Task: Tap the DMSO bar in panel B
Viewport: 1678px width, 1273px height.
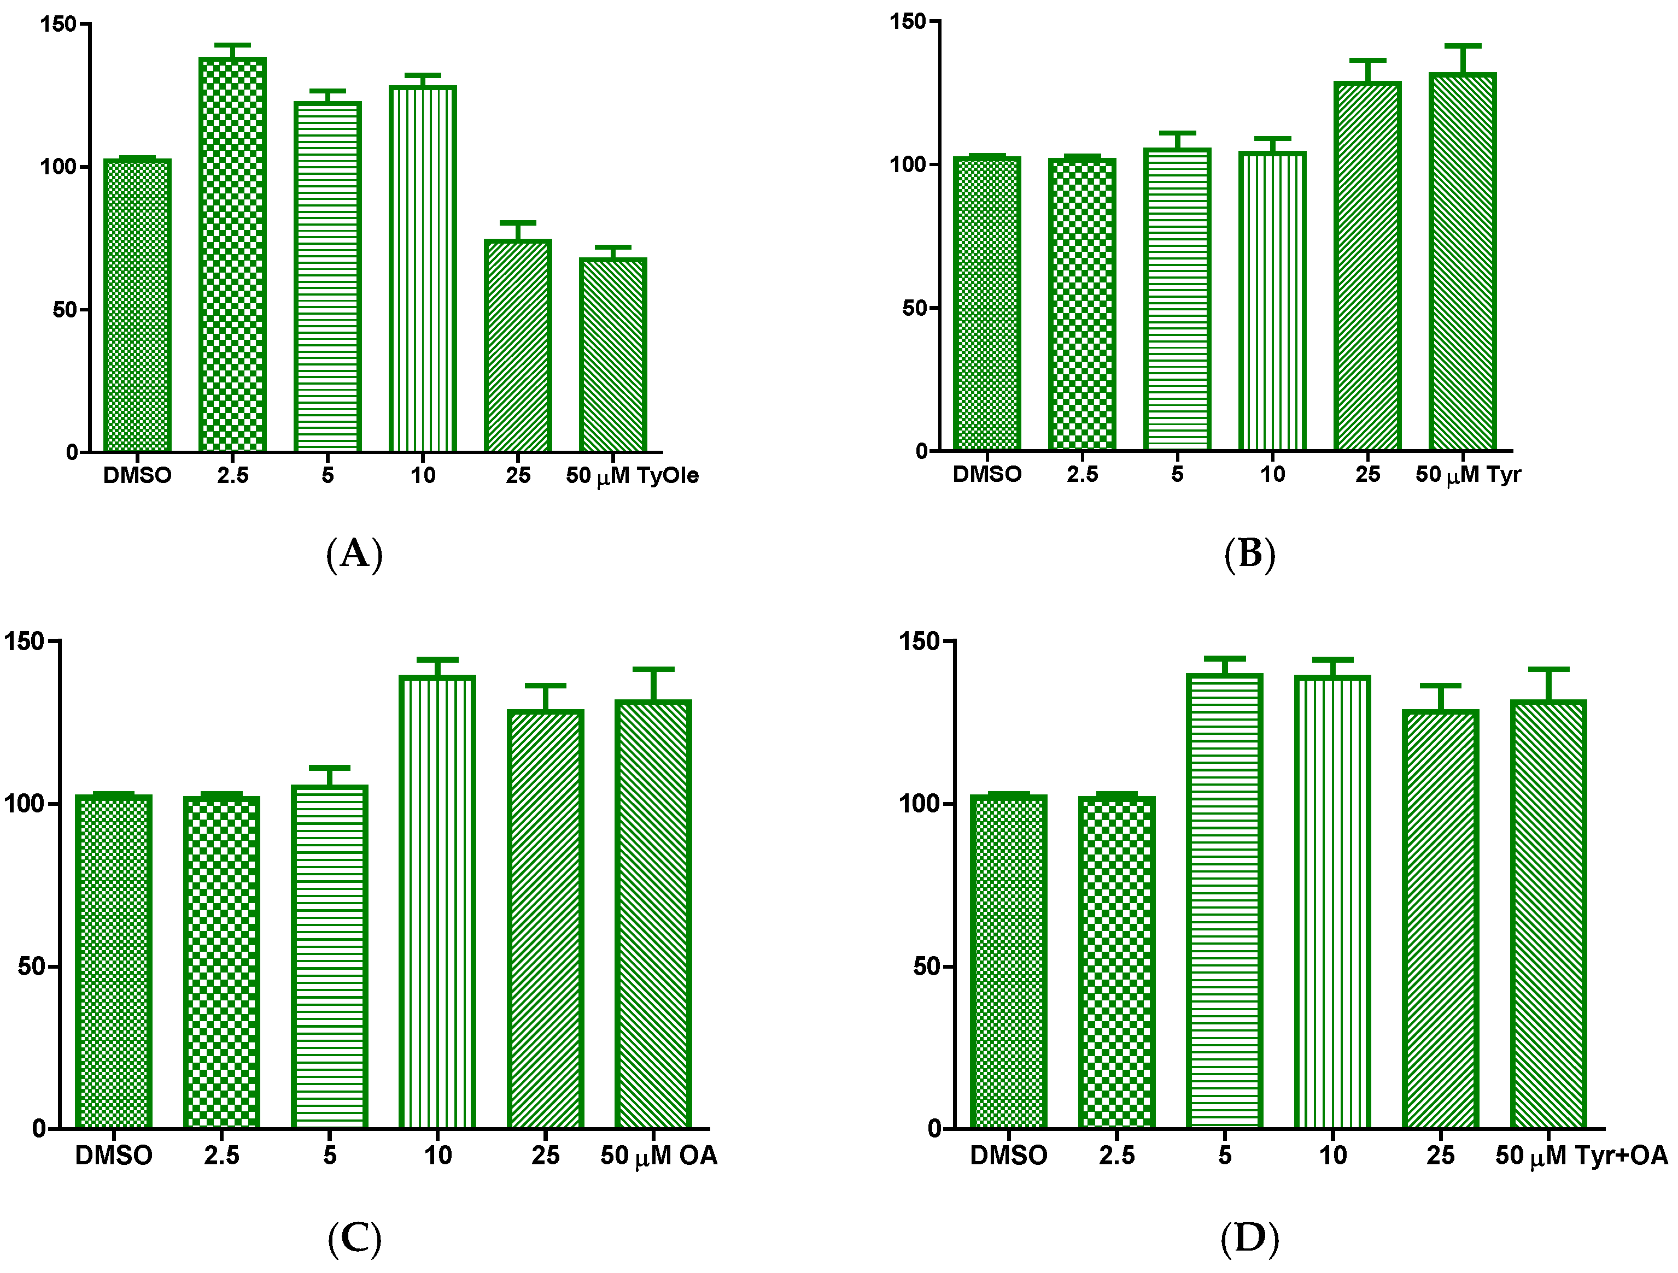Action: click(987, 303)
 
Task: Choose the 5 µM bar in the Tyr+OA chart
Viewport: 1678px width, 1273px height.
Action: click(1224, 901)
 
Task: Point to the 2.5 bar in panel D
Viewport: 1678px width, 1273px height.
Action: click(1116, 963)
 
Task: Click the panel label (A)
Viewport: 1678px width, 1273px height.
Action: click(354, 554)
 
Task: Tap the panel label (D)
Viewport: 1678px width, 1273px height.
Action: click(1249, 1238)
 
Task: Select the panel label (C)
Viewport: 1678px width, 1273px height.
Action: click(354, 1238)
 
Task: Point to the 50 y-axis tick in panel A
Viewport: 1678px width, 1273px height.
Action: click(65, 309)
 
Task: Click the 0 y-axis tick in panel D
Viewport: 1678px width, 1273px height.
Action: click(934, 1129)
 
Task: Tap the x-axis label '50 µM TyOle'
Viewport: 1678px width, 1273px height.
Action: click(632, 476)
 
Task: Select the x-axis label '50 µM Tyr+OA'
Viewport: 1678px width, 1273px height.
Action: click(1581, 1156)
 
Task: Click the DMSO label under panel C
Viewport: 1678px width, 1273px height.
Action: click(114, 1156)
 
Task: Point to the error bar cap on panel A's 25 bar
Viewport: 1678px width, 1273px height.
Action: click(518, 223)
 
